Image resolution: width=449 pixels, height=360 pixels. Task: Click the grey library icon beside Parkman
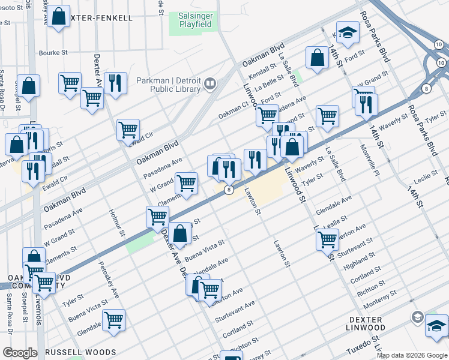[x=210, y=84]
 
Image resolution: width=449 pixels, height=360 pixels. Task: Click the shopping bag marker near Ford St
[x=317, y=57]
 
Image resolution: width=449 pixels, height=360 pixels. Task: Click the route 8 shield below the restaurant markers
[x=229, y=190]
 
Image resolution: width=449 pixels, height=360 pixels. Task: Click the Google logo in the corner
[x=19, y=353]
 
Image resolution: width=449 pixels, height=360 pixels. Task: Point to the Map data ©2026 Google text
[x=412, y=355]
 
